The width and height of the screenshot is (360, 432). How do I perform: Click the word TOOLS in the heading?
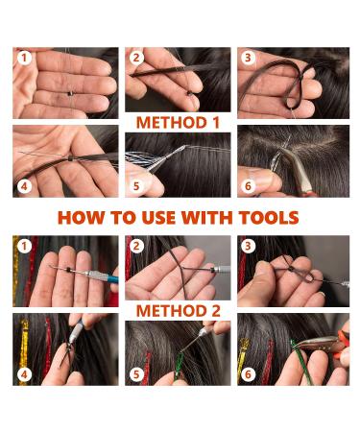pyautogui.click(x=269, y=218)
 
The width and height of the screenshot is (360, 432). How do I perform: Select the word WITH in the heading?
pyautogui.click(x=207, y=218)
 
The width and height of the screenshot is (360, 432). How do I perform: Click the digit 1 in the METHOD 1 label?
pyautogui.click(x=215, y=123)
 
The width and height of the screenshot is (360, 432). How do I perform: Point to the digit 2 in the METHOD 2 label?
pyautogui.click(x=215, y=311)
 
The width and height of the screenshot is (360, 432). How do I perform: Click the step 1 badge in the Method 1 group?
pyautogui.click(x=24, y=59)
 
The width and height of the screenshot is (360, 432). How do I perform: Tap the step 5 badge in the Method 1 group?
pyautogui.click(x=136, y=186)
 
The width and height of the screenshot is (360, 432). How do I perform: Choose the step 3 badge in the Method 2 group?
pyautogui.click(x=248, y=247)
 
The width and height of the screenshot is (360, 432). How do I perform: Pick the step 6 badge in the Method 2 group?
pyautogui.click(x=248, y=373)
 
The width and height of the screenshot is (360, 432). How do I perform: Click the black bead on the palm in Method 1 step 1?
pyautogui.click(x=70, y=94)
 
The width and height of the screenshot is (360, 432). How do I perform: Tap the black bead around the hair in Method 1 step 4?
pyautogui.click(x=70, y=158)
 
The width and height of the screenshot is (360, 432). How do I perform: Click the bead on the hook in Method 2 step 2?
pyautogui.click(x=211, y=271)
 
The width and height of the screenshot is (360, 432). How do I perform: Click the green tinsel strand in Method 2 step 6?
pyautogui.click(x=301, y=362)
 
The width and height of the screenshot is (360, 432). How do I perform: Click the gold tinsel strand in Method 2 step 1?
pyautogui.click(x=15, y=271)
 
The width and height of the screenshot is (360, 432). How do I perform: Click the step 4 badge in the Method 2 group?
pyautogui.click(x=24, y=373)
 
